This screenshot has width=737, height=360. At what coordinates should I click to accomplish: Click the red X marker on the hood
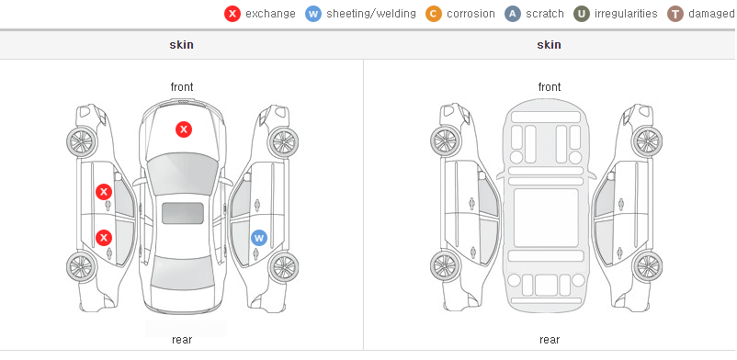click(x=184, y=129)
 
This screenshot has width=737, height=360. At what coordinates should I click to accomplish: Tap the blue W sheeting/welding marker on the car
click(x=258, y=238)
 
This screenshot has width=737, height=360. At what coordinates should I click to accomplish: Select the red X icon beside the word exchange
click(x=232, y=14)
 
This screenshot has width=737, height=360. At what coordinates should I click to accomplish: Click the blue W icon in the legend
click(x=313, y=14)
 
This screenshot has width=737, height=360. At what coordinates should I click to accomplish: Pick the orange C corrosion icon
click(x=434, y=14)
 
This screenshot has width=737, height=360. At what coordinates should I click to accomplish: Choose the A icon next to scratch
click(x=513, y=14)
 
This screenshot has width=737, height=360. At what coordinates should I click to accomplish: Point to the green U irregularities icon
click(x=582, y=14)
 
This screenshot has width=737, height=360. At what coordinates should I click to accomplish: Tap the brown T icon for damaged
click(x=675, y=14)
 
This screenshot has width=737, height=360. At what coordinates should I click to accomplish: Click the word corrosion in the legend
click(x=471, y=14)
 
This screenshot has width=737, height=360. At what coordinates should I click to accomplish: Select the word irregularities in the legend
click(x=626, y=14)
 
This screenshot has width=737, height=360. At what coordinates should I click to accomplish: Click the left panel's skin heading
click(x=181, y=45)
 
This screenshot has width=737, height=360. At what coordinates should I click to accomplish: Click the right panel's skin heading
click(x=549, y=45)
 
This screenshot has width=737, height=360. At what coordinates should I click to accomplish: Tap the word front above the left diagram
click(x=182, y=87)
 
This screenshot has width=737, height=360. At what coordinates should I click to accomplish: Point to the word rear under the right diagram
click(x=550, y=340)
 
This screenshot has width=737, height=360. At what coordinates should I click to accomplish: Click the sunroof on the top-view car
click(x=183, y=213)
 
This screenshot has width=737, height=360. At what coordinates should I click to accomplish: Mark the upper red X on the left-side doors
click(x=104, y=192)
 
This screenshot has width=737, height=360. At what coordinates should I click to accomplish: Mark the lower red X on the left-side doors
click(x=104, y=238)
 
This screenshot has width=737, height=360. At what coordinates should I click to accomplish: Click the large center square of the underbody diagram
click(x=546, y=218)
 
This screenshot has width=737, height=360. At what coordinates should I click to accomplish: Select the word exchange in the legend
click(x=270, y=14)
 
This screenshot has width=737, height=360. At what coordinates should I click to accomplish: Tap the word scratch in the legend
click(x=545, y=14)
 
